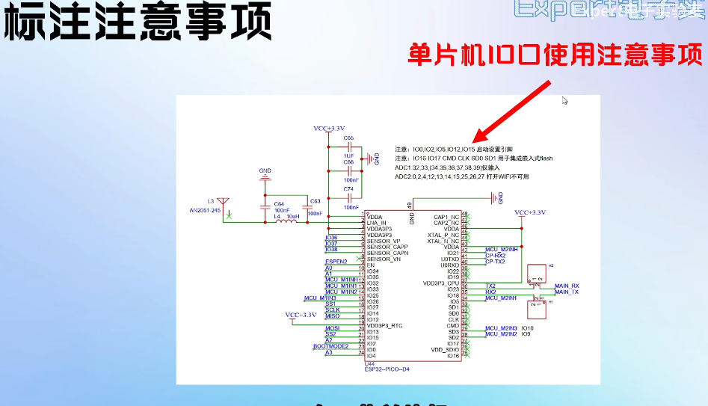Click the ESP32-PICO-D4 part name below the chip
coord(388,369)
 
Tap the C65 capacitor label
coord(348,138)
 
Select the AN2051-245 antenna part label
coord(205,211)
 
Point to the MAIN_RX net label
coord(567,286)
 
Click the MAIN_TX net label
coord(567,292)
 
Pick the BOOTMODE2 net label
coord(330,346)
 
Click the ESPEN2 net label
coord(336,262)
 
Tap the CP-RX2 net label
coord(495,256)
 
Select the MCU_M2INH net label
coord(502,249)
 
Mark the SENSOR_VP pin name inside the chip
coord(383,242)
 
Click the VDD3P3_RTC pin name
coord(385,325)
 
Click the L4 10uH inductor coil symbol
coord(286,222)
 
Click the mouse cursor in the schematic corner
coord(565,100)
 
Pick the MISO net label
coord(333,316)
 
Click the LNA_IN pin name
coord(377,223)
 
